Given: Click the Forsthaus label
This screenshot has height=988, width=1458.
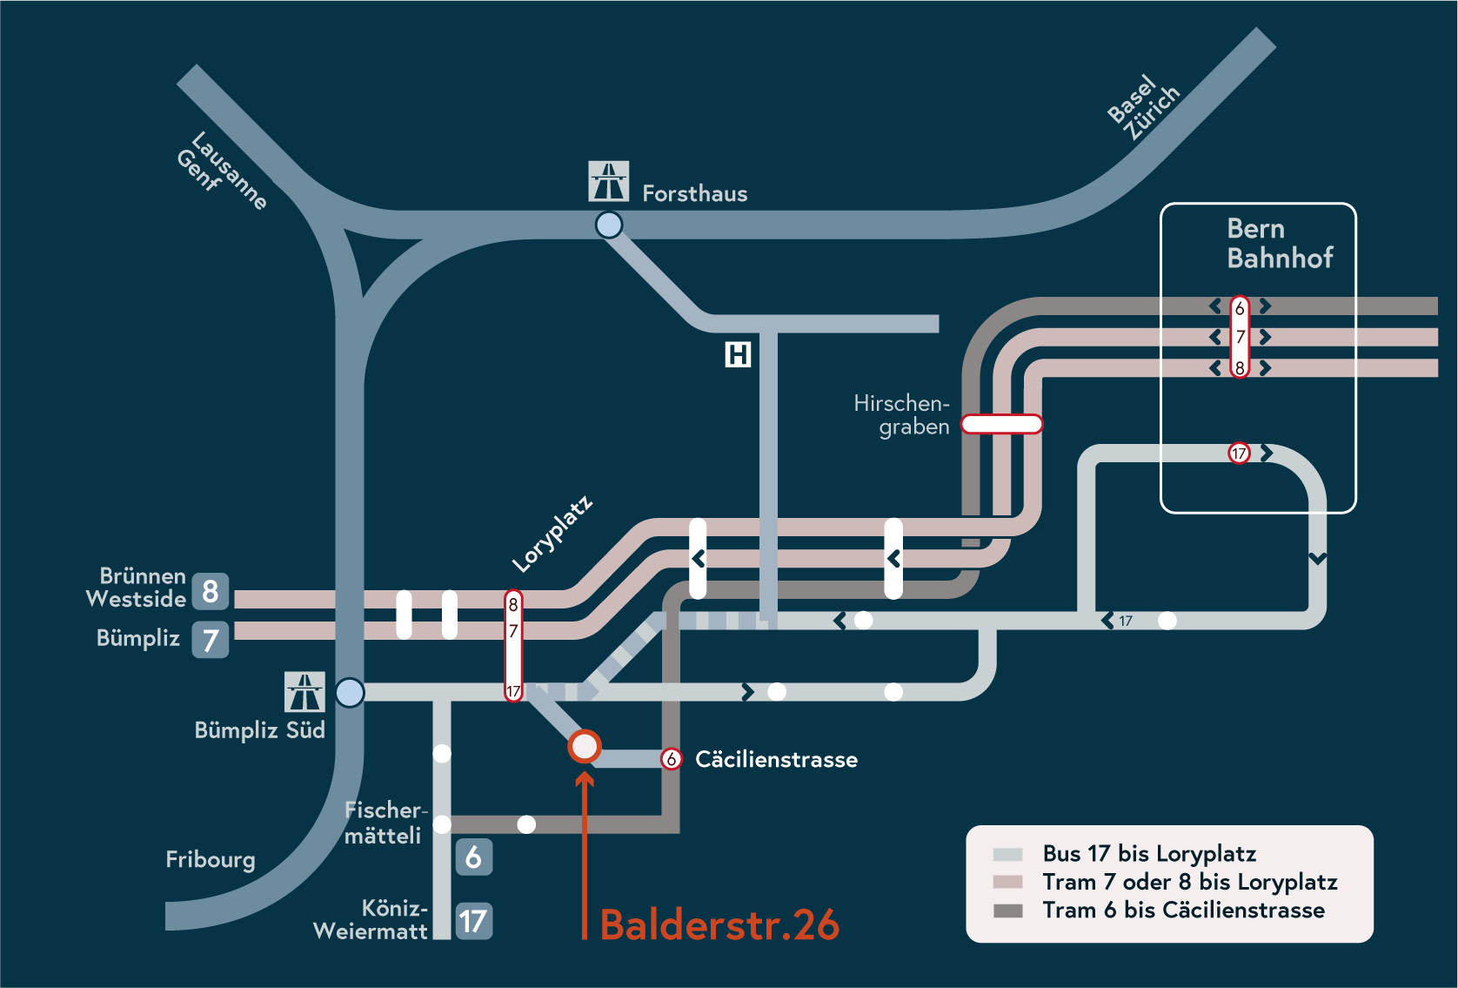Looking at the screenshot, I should point(694,193).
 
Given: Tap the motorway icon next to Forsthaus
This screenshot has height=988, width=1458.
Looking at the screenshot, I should point(608,181).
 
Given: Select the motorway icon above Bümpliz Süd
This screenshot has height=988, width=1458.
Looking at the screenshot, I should point(304,692).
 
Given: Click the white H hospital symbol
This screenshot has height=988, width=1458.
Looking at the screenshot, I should point(738,354).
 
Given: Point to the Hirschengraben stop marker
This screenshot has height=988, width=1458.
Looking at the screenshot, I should point(1001,424).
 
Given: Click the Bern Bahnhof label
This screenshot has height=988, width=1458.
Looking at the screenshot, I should point(1279,243).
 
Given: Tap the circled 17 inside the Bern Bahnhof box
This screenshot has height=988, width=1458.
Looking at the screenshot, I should point(1239,454).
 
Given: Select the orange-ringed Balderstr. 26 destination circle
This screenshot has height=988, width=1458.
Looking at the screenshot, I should point(585,746).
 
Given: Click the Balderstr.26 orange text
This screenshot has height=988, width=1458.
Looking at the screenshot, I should point(719,924).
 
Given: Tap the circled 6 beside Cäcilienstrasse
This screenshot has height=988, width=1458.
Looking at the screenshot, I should point(671,759).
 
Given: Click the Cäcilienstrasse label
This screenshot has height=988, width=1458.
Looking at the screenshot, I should point(776,760).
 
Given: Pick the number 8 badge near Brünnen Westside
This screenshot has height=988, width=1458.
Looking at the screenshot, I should point(211,591).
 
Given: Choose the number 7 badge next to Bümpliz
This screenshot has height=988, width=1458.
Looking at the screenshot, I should point(211,640).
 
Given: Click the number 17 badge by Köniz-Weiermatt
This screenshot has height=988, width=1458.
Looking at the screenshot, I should point(474,921).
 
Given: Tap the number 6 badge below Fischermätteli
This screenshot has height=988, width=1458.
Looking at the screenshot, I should point(474,857).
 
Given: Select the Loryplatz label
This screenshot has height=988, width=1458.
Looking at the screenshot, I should point(552,535).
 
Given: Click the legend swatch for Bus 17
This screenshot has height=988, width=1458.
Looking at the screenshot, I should point(1007,854).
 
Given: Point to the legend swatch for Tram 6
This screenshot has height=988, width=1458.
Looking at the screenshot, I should point(1007,911).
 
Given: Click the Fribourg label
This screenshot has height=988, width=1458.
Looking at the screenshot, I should point(211,859).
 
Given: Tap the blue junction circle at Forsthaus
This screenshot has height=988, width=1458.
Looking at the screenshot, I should point(609,225).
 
